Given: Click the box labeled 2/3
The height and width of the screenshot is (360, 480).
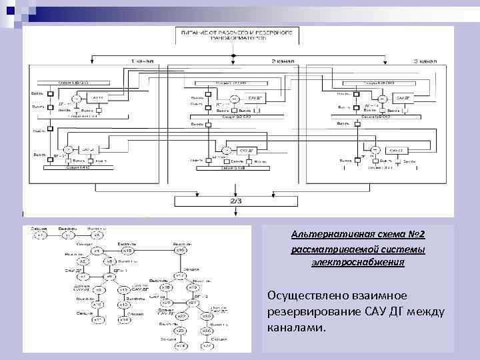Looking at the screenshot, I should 237,201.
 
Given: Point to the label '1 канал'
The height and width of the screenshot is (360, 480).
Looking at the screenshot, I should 141,61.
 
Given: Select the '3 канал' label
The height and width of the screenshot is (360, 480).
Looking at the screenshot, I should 425,61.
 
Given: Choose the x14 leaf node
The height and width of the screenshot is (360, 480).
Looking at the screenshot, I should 124,320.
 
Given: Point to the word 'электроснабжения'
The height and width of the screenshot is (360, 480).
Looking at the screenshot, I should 358,263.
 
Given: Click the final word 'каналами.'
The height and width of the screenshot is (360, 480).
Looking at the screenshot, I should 296,328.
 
